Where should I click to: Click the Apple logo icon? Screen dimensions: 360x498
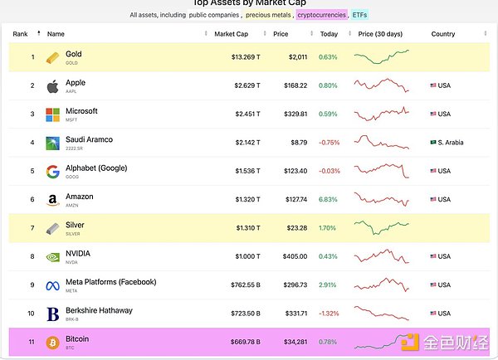click(52, 85)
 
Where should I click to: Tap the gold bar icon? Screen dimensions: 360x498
click(52, 57)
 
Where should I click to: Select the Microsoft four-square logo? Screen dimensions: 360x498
click(52, 114)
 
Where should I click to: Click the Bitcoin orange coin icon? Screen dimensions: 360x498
click(52, 342)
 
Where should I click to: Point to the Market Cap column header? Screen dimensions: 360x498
click(231, 34)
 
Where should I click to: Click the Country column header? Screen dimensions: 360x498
click(443, 34)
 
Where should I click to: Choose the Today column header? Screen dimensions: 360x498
click(330, 34)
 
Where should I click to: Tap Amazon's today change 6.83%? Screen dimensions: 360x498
click(329, 199)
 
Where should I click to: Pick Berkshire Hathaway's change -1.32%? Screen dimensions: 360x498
click(330, 314)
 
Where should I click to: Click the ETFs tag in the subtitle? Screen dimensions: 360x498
click(359, 15)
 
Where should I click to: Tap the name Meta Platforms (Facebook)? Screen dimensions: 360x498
click(110, 282)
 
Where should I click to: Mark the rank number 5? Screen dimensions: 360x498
click(32, 171)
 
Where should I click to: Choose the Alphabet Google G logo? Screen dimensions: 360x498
click(52, 172)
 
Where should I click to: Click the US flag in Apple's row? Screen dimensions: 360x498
click(433, 85)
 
